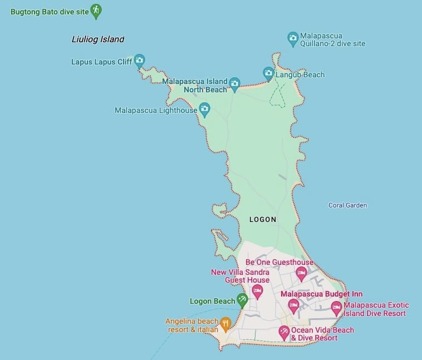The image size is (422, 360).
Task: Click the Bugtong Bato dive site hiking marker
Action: click(x=96, y=11)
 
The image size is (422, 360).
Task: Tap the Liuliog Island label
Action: click(x=98, y=40)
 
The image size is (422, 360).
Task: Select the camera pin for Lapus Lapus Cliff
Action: click(x=140, y=60)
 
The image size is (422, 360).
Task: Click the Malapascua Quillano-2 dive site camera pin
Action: click(x=293, y=38)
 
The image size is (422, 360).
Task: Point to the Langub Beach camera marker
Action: click(x=268, y=73)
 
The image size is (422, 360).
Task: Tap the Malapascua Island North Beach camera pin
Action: click(x=234, y=84)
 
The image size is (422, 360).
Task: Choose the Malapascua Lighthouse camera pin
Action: click(x=204, y=109)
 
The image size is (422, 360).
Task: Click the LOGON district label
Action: click(x=263, y=220)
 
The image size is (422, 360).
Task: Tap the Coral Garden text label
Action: click(x=347, y=205)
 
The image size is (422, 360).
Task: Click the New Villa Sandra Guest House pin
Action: click(x=257, y=290)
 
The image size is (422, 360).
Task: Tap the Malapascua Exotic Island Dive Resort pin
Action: click(x=336, y=307)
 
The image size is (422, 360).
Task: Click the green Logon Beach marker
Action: click(x=242, y=300)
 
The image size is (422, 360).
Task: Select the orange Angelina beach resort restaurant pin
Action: click(x=225, y=323)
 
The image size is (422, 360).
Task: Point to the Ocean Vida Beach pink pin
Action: click(x=284, y=332)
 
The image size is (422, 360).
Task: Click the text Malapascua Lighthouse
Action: click(x=156, y=110)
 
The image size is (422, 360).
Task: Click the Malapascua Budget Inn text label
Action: click(x=321, y=294)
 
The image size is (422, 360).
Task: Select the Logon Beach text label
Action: click(x=213, y=302)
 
